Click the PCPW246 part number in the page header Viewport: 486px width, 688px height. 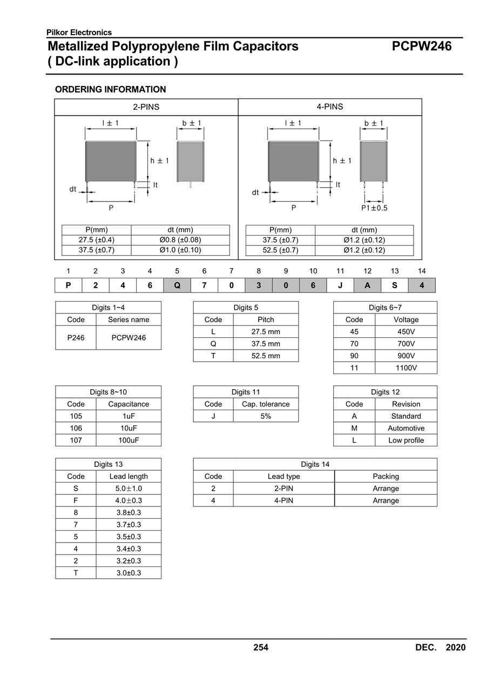point(421,46)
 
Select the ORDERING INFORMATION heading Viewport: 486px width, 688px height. point(110,89)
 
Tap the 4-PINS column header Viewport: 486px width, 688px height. point(329,107)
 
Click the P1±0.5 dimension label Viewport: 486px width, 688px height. point(374,208)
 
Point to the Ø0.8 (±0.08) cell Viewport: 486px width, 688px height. point(180,240)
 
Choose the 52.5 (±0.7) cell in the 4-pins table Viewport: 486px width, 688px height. point(280,250)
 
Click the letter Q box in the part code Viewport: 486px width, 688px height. point(177,285)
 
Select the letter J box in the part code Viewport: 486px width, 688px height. point(340,285)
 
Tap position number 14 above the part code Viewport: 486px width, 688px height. point(422,271)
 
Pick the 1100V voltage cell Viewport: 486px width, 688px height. point(406,368)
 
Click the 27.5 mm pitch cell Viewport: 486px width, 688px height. point(266,332)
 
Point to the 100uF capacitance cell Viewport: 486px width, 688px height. point(129,440)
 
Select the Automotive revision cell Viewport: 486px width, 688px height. point(406,429)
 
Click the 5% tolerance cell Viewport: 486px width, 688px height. point(266,416)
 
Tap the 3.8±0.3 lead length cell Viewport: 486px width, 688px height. point(129,512)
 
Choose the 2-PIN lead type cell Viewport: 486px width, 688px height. point(283,489)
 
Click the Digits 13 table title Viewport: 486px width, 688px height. point(108,464)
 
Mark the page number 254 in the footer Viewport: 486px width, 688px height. point(261,647)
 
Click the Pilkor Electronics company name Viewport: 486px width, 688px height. point(79,32)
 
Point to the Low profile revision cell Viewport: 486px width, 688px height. point(406,440)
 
